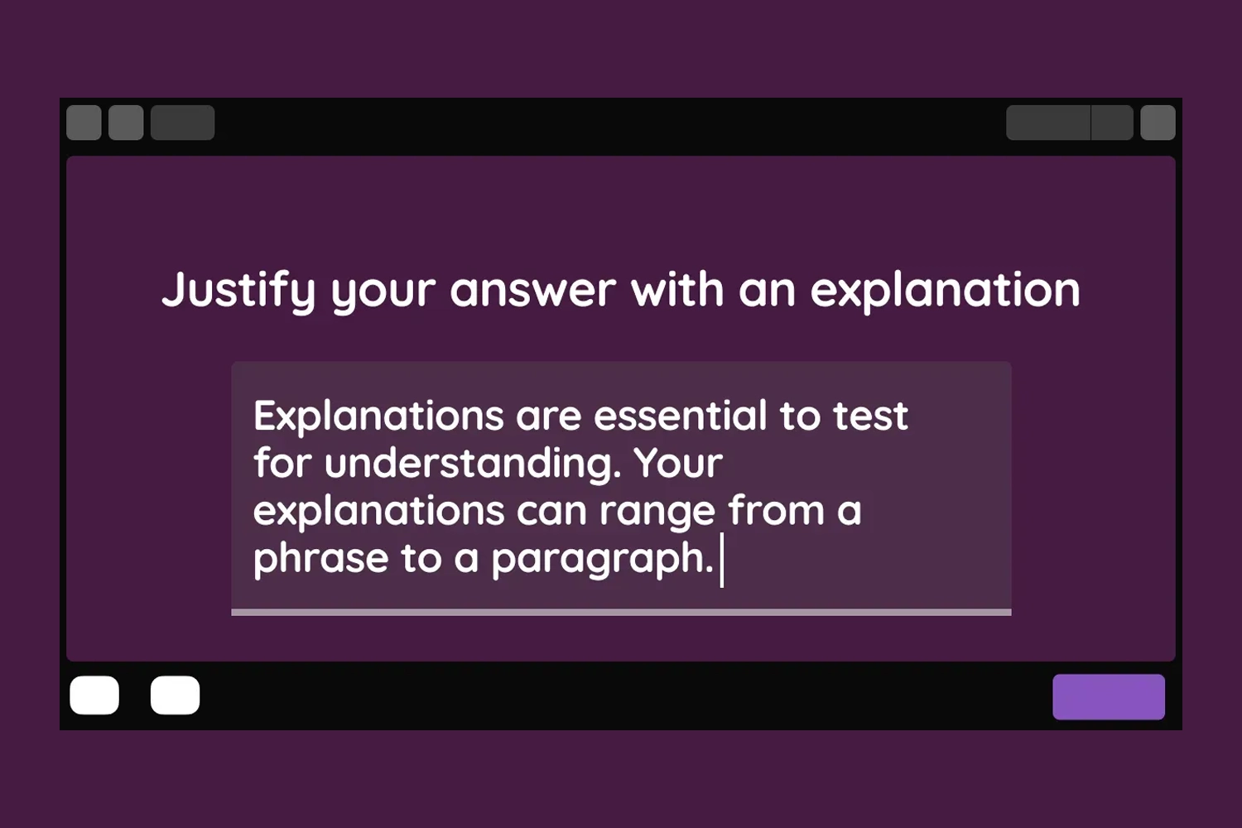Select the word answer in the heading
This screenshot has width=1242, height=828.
click(533, 290)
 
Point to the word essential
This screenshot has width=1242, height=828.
click(681, 415)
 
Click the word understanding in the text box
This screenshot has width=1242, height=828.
click(473, 465)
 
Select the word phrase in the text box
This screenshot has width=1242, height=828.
click(321, 560)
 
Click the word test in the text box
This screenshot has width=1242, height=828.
click(870, 416)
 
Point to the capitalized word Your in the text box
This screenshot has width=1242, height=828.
click(679, 463)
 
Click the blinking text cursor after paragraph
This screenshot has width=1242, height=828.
click(721, 560)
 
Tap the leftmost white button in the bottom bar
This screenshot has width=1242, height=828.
click(94, 695)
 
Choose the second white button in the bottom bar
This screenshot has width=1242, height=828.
click(176, 695)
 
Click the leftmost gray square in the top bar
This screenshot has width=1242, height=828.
click(84, 123)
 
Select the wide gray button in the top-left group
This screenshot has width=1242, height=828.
click(182, 123)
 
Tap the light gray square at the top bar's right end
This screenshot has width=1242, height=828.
click(1158, 123)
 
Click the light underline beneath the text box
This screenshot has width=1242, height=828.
click(621, 612)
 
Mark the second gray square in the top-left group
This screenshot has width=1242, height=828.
click(126, 123)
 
